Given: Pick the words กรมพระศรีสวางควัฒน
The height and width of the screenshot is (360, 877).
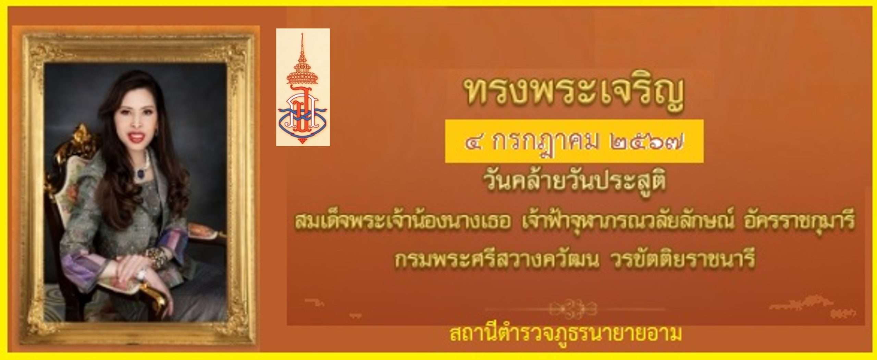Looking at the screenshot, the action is pos(497,261).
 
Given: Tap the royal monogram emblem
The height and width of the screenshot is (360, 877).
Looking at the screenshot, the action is pos(303,87).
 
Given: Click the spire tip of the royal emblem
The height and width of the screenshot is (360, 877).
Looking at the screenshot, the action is pos(302,34).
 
